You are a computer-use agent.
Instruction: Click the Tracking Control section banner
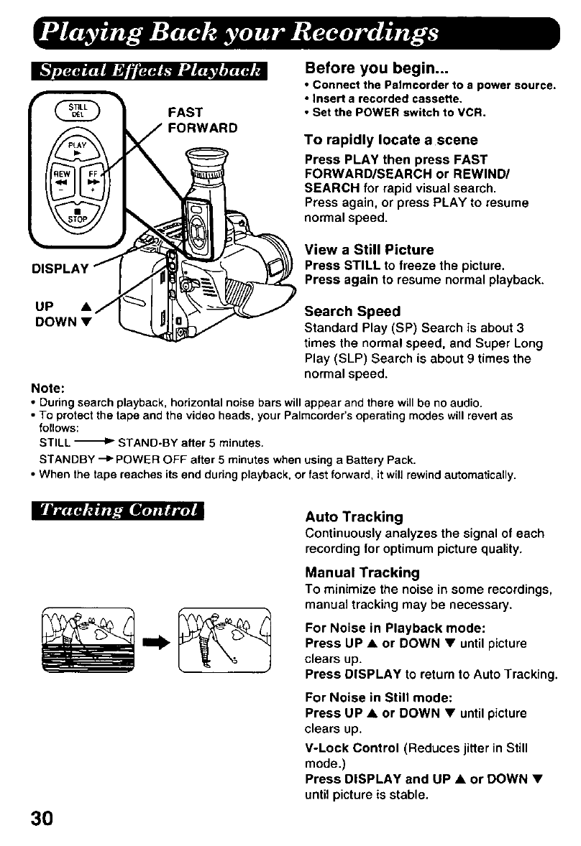click(118, 511)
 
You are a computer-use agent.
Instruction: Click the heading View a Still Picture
click(369, 249)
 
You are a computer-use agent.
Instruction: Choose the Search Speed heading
click(352, 312)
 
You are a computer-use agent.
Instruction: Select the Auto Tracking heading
click(354, 517)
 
